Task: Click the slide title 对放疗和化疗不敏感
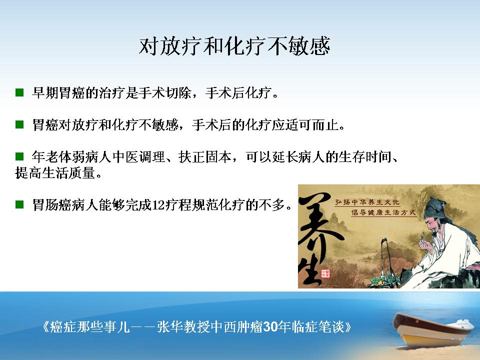[234, 46]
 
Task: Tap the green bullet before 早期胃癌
[19, 92]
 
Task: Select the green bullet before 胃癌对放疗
[19, 124]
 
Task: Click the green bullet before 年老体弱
[19, 156]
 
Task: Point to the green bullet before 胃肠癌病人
[19, 204]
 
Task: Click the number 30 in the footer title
[270, 326]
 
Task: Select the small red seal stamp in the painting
[325, 273]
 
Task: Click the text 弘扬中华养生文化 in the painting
[367, 202]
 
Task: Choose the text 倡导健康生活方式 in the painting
[383, 212]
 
